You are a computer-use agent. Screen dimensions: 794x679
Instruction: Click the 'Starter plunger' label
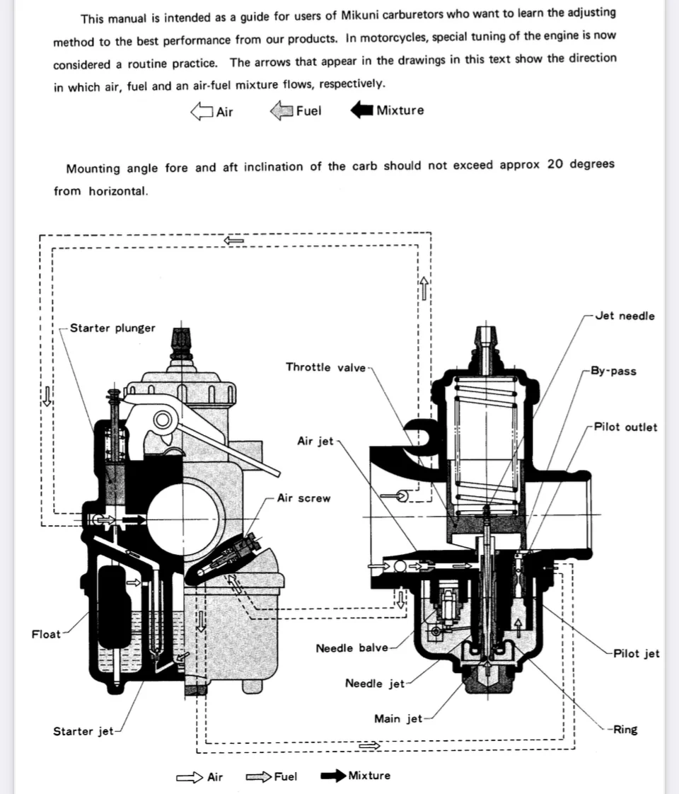(112, 328)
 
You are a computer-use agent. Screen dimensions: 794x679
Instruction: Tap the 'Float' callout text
(46, 634)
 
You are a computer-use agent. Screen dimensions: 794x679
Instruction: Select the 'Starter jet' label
(83, 732)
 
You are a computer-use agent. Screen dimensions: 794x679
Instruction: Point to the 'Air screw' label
(303, 498)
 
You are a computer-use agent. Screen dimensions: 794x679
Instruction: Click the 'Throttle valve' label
(326, 367)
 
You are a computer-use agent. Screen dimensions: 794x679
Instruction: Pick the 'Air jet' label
(315, 442)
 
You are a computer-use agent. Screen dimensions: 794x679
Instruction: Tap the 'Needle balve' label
(352, 648)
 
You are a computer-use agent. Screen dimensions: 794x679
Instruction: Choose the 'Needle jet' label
(374, 684)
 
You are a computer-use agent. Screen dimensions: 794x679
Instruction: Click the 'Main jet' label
(397, 719)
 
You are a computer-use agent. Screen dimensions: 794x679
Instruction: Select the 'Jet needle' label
(625, 316)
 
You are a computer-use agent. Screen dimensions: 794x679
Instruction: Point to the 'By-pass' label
(613, 372)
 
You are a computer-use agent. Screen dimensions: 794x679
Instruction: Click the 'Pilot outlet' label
(625, 427)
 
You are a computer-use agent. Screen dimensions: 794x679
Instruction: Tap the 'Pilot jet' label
(636, 654)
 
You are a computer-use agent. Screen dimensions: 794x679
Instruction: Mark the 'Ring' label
(625, 730)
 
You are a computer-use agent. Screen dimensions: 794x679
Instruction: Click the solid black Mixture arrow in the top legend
(362, 110)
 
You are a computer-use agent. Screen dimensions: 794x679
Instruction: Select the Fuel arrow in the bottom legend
(259, 777)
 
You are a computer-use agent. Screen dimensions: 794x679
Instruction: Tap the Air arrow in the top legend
(202, 111)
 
